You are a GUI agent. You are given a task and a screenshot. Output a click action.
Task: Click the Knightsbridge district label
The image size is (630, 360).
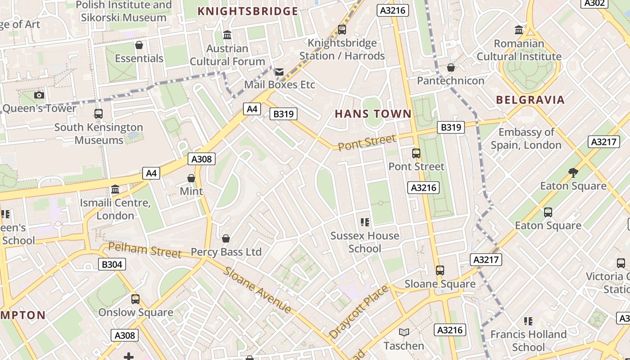click(248, 11)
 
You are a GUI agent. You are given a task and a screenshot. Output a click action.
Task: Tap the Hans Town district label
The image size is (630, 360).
click(373, 114)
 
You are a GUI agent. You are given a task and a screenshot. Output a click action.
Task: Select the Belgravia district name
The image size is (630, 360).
click(530, 100)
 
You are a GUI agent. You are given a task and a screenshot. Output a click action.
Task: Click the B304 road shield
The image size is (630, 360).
click(112, 264)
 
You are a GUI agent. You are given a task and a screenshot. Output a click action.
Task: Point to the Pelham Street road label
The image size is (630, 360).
click(145, 250)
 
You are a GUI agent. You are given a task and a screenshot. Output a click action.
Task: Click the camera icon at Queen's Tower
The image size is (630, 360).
click(39, 95)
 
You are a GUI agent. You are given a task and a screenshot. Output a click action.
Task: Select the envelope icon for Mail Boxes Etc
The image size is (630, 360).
click(279, 72)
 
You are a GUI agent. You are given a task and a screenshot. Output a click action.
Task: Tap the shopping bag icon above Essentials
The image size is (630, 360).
click(139, 45)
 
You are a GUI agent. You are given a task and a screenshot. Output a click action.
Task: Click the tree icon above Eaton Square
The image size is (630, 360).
click(573, 172)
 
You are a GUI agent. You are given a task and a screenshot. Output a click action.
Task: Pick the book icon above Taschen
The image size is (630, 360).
click(404, 333)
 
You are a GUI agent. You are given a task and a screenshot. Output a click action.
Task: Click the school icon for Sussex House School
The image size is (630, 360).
click(365, 222)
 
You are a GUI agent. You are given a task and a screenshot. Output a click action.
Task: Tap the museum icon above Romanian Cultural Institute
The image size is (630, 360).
click(519, 30)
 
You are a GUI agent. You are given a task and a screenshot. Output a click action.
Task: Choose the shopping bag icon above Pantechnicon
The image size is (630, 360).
click(450, 67)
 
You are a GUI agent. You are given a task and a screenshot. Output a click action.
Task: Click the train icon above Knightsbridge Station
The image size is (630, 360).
click(342, 30)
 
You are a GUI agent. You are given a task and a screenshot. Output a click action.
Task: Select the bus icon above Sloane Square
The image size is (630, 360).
click(440, 270)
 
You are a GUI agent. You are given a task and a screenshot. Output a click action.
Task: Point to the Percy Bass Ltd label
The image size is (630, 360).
click(226, 252)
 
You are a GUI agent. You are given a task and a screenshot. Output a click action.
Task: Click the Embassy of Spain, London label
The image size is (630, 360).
click(526, 139)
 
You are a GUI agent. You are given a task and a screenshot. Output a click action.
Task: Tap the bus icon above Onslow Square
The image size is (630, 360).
click(135, 299)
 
